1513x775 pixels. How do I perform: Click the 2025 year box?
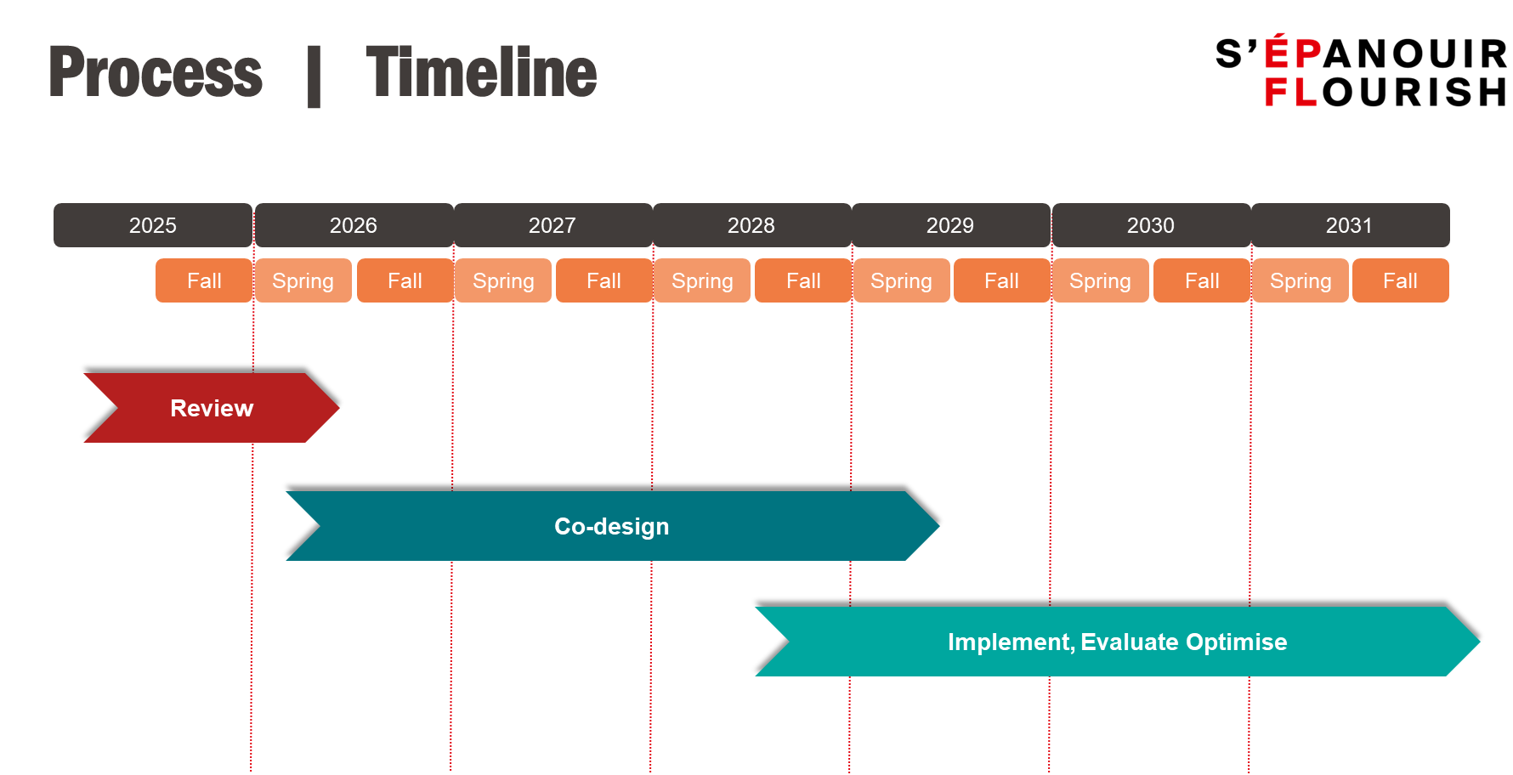pos(153,225)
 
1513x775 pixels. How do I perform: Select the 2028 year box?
pos(751,225)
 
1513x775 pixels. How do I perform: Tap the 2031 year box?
pos(1350,225)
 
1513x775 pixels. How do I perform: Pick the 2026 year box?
pos(354,225)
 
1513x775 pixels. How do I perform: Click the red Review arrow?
pos(212,408)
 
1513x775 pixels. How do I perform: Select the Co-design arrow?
pos(612,526)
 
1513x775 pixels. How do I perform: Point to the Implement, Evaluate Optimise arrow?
pos(1118,642)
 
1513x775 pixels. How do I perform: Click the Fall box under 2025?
pos(204,280)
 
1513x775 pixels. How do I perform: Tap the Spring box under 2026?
pos(303,280)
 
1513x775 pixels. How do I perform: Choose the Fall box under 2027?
pos(604,280)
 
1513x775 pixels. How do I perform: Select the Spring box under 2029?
pos(902,280)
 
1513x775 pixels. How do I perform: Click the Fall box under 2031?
pos(1401,280)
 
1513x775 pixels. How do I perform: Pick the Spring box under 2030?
pos(1101,280)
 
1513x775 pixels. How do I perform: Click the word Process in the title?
pos(156,73)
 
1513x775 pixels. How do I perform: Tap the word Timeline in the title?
pos(482,73)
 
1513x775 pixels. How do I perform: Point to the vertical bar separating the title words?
pos(314,76)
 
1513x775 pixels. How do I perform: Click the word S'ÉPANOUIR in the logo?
pos(1362,54)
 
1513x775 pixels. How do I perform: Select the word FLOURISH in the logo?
pos(1385,92)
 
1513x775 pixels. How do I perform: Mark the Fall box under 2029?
pos(1002,280)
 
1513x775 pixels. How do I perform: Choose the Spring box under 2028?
pos(703,280)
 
